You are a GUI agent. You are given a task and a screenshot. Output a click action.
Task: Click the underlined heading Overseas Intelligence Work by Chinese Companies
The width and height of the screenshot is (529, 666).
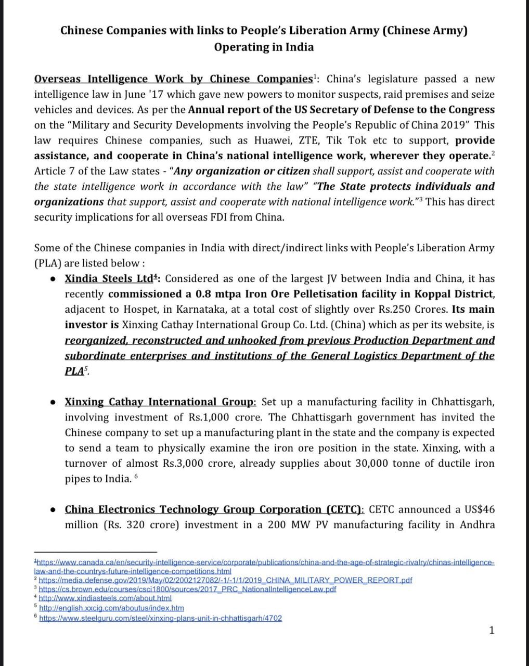(173, 79)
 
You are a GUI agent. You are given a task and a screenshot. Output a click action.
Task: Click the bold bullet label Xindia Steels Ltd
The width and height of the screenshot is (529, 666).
(109, 279)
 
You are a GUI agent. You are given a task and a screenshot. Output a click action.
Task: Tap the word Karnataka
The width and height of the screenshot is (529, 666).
(201, 310)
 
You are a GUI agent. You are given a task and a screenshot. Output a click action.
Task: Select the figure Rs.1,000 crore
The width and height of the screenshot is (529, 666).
(221, 417)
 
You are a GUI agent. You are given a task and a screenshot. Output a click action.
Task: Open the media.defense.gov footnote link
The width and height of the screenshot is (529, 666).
(225, 580)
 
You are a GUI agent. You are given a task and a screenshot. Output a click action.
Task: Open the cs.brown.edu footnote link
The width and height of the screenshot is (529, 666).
(187, 590)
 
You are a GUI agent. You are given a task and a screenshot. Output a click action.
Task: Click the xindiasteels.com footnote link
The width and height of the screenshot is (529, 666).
(105, 599)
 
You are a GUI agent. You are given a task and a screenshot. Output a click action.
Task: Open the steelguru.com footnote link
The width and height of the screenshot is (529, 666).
(160, 619)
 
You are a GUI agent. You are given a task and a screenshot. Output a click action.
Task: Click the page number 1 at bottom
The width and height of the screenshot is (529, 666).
(492, 631)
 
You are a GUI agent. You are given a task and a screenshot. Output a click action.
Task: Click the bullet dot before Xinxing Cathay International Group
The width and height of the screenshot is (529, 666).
(53, 403)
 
